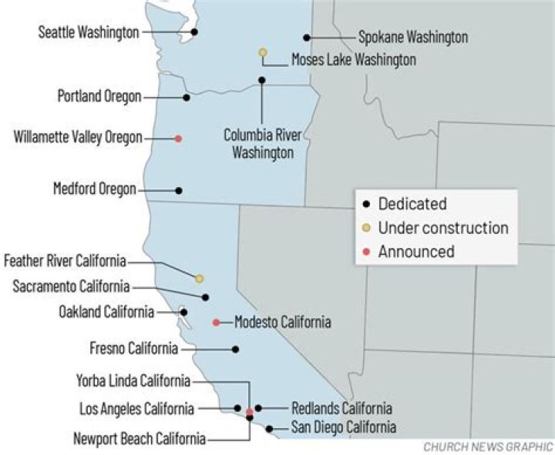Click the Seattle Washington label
coord(89,32)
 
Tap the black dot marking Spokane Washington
coord(307,37)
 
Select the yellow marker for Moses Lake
coord(263,52)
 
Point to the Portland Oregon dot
coord(187,98)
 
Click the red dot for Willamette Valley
coord(178,139)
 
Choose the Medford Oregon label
coord(94,189)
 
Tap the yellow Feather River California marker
coord(199,278)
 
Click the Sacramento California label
coord(71,286)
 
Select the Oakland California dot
coord(183,312)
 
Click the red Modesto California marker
coord(216,323)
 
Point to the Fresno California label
coord(133,349)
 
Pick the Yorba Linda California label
coord(133,380)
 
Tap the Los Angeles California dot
coord(237,408)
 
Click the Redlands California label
coord(341,408)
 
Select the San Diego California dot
coord(269,427)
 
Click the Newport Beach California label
coord(139,439)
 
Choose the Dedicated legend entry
coord(412,205)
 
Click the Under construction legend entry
coord(442,228)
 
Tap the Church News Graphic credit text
coord(487,447)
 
